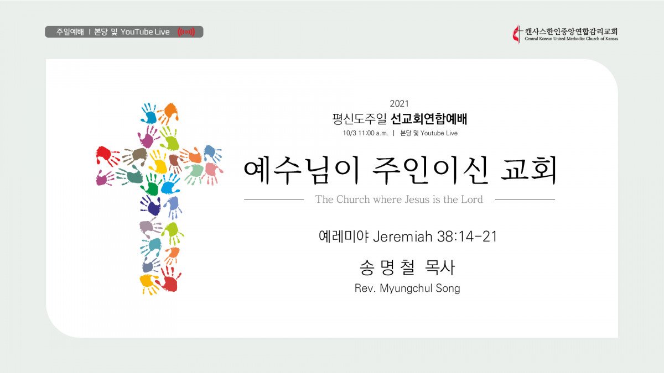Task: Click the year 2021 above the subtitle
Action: click(x=400, y=104)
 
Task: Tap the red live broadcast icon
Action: click(x=186, y=32)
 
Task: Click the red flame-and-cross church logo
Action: click(x=517, y=34)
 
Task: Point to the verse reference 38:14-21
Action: click(x=467, y=237)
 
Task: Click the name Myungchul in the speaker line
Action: click(x=403, y=288)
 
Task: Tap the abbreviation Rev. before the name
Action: click(x=365, y=288)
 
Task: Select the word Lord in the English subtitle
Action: click(x=472, y=199)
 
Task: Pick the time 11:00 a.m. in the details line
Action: click(x=373, y=133)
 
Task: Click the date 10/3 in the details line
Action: click(x=350, y=133)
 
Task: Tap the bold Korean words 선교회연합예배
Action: click(x=429, y=119)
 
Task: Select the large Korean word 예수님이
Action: click(x=302, y=170)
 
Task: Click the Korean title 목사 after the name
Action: click(x=439, y=267)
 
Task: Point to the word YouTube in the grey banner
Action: click(x=137, y=32)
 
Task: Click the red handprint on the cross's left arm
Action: click(x=107, y=155)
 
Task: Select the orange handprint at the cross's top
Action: click(x=169, y=113)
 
